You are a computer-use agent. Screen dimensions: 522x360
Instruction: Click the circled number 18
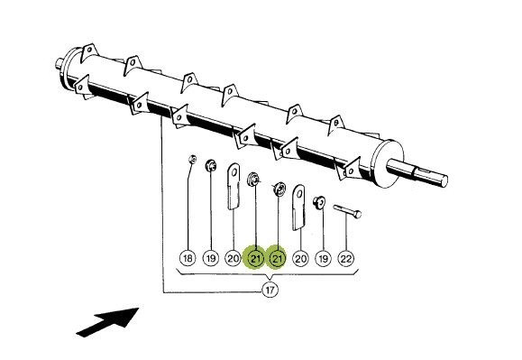188,258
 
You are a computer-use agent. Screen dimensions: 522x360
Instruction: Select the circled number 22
346,258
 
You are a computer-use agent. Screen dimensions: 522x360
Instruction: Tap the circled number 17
270,290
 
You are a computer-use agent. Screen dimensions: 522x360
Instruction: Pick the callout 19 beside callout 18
211,258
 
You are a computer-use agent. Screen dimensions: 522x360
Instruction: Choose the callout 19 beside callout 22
324,258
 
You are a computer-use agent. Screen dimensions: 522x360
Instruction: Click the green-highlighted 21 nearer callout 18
255,258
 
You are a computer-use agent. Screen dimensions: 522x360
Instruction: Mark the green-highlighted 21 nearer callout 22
278,258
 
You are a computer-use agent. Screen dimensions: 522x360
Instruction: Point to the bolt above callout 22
347,211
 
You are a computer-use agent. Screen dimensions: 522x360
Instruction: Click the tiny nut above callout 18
192,159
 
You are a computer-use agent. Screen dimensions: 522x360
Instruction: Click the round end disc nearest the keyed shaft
387,163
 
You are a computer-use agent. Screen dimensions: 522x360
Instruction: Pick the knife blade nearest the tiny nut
234,186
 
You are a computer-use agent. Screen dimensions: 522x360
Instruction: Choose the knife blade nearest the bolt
299,208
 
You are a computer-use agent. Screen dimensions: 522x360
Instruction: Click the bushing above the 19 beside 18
211,165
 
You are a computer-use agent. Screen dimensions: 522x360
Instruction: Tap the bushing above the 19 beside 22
319,202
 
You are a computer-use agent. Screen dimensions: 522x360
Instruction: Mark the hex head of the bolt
357,215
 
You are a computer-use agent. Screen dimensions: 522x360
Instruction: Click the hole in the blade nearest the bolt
299,194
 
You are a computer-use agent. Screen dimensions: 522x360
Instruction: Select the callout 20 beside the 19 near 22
300,258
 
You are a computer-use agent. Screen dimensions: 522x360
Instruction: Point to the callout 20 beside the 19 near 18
233,258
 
